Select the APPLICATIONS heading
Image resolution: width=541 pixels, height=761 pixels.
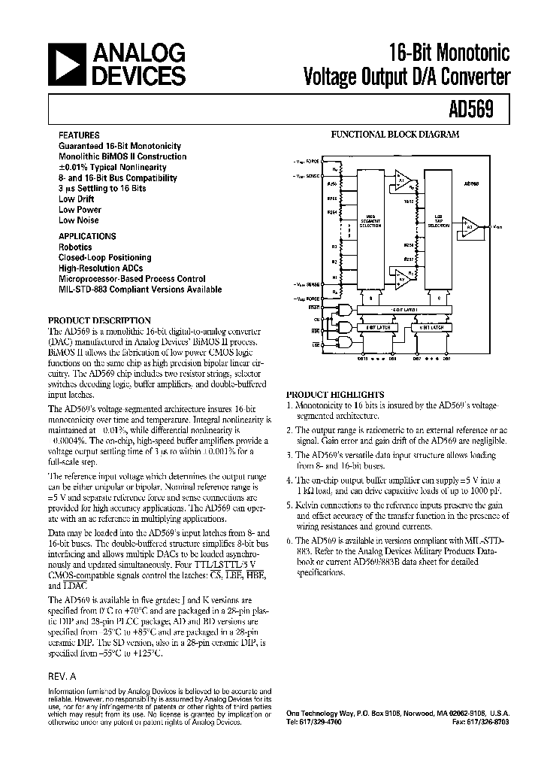click(x=87, y=236)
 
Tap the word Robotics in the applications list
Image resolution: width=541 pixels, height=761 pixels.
click(x=75, y=247)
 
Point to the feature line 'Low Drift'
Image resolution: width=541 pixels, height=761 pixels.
click(x=77, y=199)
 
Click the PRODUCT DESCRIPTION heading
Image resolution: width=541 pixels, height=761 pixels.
click(x=99, y=320)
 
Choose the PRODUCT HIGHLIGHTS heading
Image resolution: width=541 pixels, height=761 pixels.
click(x=335, y=394)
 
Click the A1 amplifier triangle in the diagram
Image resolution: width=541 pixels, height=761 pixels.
click(x=403, y=180)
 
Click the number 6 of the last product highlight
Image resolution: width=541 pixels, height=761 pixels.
click(x=290, y=541)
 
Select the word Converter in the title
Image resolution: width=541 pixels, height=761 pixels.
click(x=473, y=76)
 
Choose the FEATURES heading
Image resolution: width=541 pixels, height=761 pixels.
click(x=79, y=135)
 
